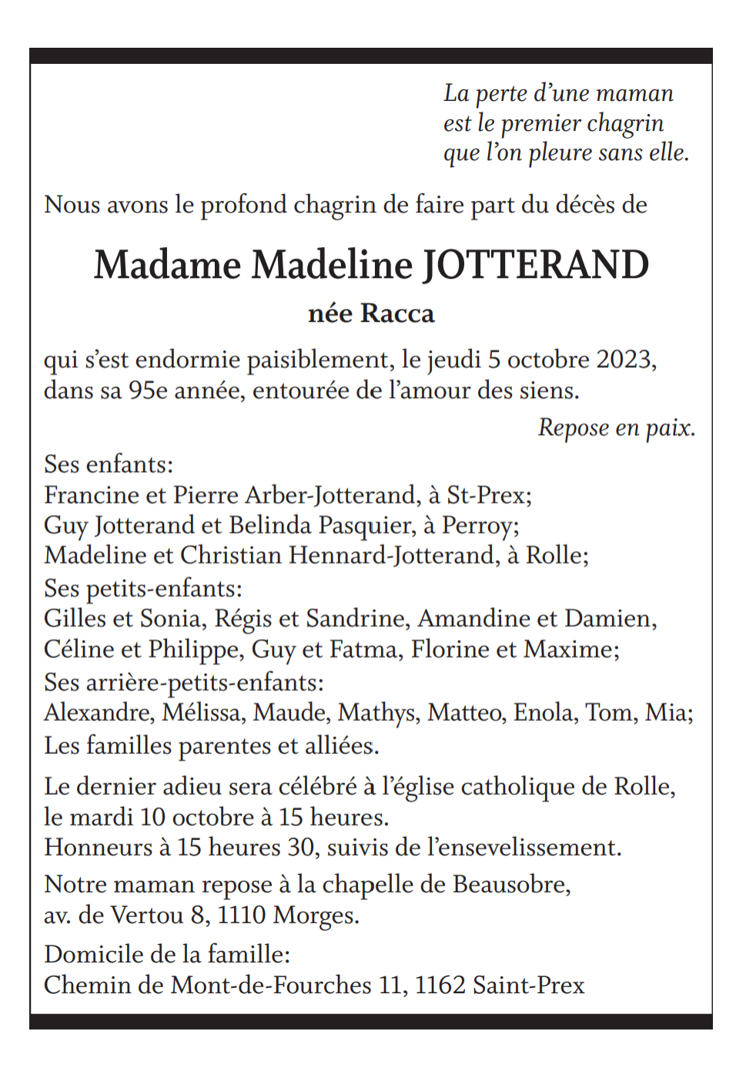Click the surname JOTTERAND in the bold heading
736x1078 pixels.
point(536,266)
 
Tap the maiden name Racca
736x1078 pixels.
point(397,314)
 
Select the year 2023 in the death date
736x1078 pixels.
point(624,360)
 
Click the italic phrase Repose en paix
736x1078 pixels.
point(616,428)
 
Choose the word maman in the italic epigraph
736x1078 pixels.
point(635,94)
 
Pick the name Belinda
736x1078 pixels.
point(270,525)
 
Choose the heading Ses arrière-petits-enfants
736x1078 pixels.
point(183,682)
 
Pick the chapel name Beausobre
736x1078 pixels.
point(510,885)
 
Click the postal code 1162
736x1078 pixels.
point(440,986)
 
